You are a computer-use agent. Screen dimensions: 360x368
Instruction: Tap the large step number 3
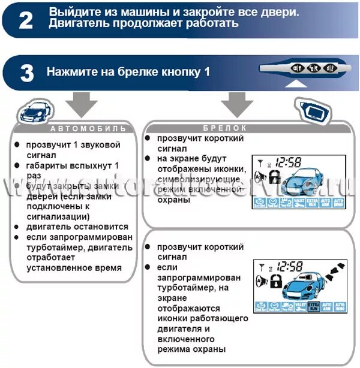click(26, 73)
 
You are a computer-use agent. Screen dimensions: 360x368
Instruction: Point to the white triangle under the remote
click(295, 85)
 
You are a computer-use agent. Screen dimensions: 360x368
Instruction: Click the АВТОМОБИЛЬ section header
click(88, 128)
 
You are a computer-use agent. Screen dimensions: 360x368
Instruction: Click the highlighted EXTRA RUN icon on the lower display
click(312, 307)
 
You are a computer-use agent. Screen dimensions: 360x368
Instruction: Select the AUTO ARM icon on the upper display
click(326, 204)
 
